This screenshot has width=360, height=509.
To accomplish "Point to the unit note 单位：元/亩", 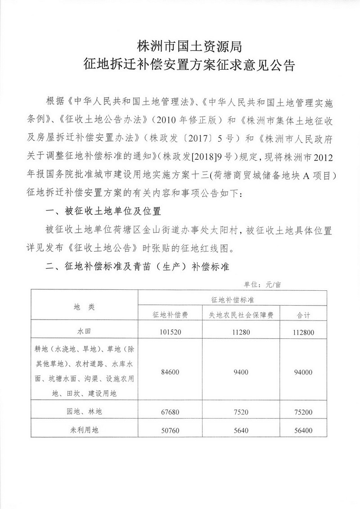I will (x=263, y=284).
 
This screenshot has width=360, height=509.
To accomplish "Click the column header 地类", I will (x=84, y=306).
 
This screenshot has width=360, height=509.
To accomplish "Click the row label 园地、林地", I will (x=84, y=411).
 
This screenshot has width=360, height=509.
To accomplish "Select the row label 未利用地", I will (x=84, y=430).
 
